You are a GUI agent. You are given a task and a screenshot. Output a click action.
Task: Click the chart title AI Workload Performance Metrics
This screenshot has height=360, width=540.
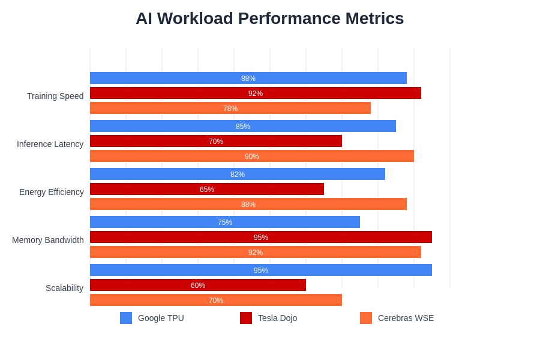tap(269, 19)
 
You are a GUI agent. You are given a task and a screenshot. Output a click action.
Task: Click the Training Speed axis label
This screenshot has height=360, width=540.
tap(55, 96)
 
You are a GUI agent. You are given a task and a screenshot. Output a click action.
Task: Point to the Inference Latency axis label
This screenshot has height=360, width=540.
tap(50, 144)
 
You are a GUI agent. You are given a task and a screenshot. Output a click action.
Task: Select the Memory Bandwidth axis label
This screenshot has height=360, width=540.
tap(48, 240)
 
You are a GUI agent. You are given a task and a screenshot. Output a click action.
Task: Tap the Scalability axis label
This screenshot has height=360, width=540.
tap(64, 288)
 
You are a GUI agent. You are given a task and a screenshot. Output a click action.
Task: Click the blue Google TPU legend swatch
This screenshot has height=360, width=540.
tap(126, 318)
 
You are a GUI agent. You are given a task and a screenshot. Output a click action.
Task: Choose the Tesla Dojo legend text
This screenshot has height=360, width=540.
tap(277, 318)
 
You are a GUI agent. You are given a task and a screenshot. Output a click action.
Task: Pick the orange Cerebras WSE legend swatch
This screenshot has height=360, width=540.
tap(366, 318)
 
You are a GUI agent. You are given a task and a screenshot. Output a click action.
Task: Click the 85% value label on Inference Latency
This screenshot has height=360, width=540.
tap(243, 127)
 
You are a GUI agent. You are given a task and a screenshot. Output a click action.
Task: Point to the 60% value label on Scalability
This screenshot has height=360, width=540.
tap(198, 286)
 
